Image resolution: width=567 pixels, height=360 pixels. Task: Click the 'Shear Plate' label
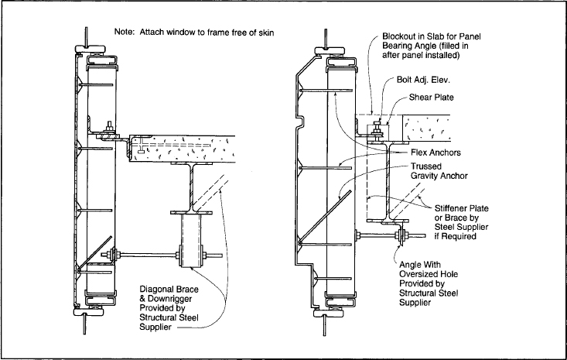pos(431,98)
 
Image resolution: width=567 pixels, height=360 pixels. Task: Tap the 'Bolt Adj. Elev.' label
pos(423,80)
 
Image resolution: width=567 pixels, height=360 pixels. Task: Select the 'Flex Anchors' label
pos(435,153)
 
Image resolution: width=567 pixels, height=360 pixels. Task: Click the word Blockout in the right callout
pos(398,36)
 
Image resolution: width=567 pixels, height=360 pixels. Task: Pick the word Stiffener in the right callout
pos(451,208)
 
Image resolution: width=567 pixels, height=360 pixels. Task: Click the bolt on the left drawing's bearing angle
pos(109,129)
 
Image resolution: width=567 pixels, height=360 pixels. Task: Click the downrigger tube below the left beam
pos(191,241)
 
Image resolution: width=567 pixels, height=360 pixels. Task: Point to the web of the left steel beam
pos(192,188)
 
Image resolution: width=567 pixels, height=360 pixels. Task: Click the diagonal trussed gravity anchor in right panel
pos(325,217)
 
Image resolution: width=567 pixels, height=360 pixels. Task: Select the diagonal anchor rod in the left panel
pos(94,254)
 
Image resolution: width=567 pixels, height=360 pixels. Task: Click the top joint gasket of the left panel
pos(90,49)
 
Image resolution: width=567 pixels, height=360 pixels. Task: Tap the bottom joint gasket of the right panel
pos(328,313)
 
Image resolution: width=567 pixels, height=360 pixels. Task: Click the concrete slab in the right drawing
pos(426,128)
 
